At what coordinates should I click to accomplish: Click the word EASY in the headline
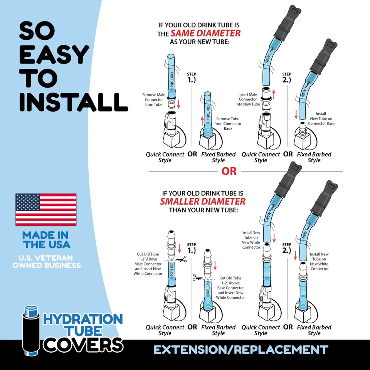click(x=54, y=55)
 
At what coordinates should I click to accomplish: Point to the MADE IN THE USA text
click(x=46, y=240)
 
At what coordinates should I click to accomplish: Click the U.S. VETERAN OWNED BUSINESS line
click(x=46, y=261)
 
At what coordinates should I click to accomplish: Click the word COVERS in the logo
click(x=82, y=344)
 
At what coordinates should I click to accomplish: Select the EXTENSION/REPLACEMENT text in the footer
click(x=240, y=350)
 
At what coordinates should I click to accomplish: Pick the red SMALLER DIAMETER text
click(x=203, y=202)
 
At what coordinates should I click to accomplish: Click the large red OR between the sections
click(x=229, y=172)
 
